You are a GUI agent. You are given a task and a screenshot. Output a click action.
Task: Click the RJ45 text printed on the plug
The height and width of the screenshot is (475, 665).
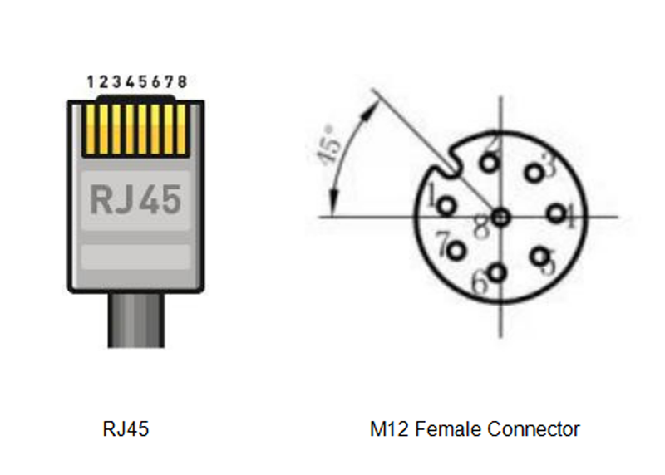coord(135,200)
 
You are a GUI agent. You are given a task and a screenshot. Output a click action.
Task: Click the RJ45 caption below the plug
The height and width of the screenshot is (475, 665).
coord(126,429)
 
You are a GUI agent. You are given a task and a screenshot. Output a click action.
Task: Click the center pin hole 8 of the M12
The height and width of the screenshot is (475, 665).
coord(499,217)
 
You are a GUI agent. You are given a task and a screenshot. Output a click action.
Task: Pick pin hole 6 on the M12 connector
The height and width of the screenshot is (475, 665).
coord(497,272)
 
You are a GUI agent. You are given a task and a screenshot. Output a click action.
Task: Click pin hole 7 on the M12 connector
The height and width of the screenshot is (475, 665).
coord(455,248)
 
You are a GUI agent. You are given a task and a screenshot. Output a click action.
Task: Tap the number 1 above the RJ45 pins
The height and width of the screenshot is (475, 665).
coord(91,81)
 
